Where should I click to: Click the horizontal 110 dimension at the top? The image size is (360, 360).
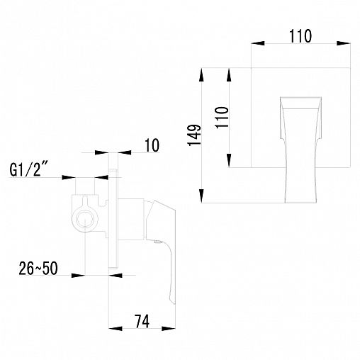click(300, 36)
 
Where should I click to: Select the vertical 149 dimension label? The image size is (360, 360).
click(194, 135)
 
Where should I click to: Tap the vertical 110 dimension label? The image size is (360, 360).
click(222, 118)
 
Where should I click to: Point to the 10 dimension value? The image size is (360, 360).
click(152, 145)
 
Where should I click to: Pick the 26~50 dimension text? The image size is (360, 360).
click(38, 269)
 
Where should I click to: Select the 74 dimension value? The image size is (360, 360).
click(142, 321)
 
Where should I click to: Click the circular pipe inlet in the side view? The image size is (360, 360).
click(84, 219)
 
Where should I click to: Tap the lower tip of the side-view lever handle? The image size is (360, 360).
click(174, 303)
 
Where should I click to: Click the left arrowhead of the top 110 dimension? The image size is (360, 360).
click(257, 43)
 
